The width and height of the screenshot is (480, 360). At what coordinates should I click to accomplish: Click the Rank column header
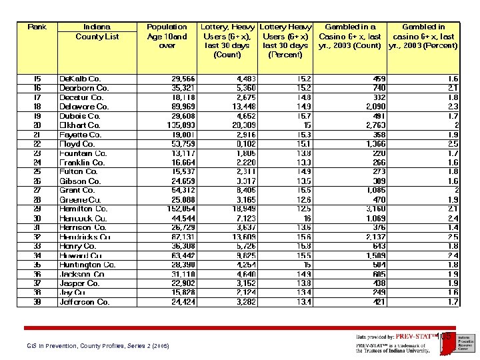(x=37, y=27)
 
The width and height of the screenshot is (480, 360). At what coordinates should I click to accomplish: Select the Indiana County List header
(x=97, y=32)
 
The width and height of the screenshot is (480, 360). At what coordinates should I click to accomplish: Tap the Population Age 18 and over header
(x=167, y=37)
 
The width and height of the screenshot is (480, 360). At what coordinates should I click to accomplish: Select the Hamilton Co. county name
(x=83, y=209)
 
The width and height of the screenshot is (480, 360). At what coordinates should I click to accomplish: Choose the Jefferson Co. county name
(x=85, y=302)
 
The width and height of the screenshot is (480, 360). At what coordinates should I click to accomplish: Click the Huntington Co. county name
(x=87, y=265)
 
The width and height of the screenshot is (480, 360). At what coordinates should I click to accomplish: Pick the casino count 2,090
(x=375, y=107)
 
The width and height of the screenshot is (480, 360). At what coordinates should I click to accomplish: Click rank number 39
(x=37, y=302)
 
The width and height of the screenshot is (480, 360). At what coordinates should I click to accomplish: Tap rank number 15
(x=37, y=79)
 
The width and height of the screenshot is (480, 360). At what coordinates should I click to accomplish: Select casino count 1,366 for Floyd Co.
(x=375, y=144)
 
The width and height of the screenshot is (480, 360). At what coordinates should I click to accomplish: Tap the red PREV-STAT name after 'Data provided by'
(x=415, y=337)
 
